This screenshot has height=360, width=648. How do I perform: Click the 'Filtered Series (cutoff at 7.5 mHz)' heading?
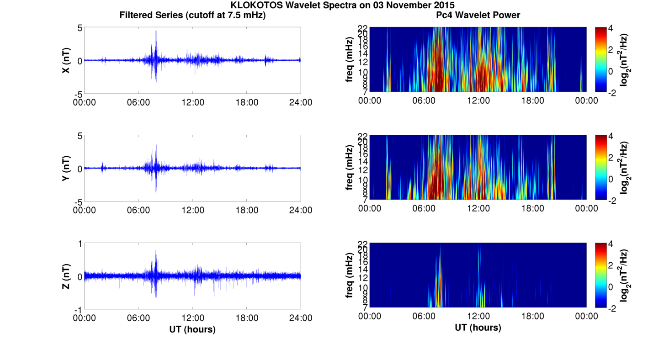[192, 15]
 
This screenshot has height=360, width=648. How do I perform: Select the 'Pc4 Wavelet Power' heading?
[478, 15]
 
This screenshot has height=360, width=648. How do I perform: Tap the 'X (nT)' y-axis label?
[66, 60]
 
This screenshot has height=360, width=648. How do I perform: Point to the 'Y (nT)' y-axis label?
[66, 168]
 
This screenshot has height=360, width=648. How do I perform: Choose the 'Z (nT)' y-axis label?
[66, 276]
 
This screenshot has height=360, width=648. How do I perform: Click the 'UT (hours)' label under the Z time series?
[192, 329]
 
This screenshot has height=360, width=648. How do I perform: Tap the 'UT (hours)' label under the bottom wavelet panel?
[478, 328]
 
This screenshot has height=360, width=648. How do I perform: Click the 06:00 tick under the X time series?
[138, 102]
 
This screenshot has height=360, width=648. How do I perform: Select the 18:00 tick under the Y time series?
[247, 210]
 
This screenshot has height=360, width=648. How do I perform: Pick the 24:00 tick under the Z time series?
[301, 318]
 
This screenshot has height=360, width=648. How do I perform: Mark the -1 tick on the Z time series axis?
[78, 310]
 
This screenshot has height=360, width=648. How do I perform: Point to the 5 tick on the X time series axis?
[80, 28]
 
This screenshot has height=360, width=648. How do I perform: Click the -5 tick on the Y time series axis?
[78, 201]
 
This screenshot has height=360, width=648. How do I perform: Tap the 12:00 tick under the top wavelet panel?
[478, 101]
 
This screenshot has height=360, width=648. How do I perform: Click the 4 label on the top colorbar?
[613, 28]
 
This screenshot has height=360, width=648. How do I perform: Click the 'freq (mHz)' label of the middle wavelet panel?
[350, 167]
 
